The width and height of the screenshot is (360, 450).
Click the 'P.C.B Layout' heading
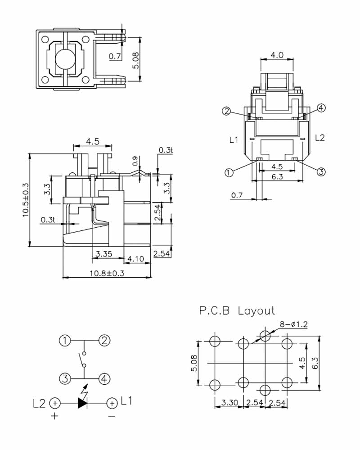tap(237, 310)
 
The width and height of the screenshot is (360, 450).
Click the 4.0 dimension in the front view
tap(277, 55)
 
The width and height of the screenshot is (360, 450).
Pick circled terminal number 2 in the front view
tap(227, 111)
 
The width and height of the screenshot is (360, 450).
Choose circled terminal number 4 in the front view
tap(321, 108)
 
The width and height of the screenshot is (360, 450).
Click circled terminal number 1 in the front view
tap(229, 172)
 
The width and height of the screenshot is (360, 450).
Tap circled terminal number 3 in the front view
tap(321, 172)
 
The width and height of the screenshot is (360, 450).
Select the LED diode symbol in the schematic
tap(82, 403)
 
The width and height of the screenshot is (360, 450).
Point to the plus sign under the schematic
tap(54, 416)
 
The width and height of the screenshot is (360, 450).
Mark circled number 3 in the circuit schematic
tap(65, 378)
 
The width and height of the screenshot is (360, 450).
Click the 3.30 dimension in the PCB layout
tap(229, 403)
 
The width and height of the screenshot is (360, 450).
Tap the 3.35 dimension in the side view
tap(103, 254)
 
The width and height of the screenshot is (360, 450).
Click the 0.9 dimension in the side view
tap(135, 161)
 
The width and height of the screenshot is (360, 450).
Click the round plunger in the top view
tap(66, 59)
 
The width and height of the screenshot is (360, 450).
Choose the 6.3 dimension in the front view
tap(277, 177)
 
